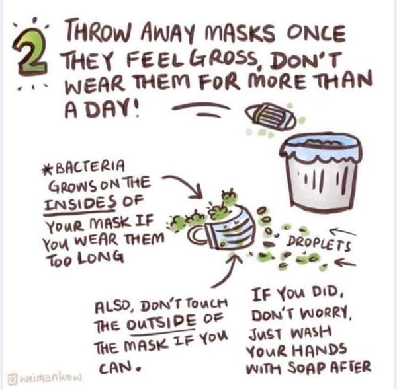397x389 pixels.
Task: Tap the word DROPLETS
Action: point(318,243)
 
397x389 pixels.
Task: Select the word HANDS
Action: point(320,351)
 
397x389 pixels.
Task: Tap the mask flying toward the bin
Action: point(271,116)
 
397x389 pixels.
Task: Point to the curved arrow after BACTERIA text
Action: point(187,182)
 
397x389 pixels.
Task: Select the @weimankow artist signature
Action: point(44,377)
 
